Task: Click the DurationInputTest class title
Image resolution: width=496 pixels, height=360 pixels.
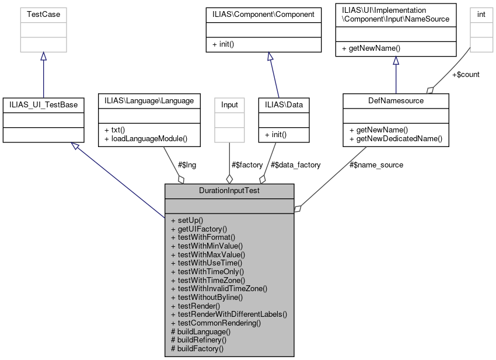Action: coord(229,191)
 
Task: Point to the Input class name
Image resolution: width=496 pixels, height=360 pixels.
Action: coord(229,104)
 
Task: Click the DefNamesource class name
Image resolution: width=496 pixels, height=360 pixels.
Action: coord(396,100)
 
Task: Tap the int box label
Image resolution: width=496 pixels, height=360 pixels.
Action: coord(481,14)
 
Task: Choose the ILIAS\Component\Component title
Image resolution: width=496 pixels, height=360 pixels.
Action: coord(263,14)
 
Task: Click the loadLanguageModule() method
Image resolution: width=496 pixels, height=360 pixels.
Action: coord(148,138)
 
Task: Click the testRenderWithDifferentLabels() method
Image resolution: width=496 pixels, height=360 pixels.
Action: coord(229,314)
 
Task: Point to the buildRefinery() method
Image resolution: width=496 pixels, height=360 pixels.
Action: coord(198,340)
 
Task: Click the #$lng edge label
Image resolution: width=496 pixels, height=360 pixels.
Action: coord(187,165)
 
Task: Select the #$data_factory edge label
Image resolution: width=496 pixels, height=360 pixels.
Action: coord(296,165)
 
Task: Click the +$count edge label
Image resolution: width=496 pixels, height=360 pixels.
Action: coord(466,75)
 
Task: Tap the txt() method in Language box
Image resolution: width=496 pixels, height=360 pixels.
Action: coord(114,130)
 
